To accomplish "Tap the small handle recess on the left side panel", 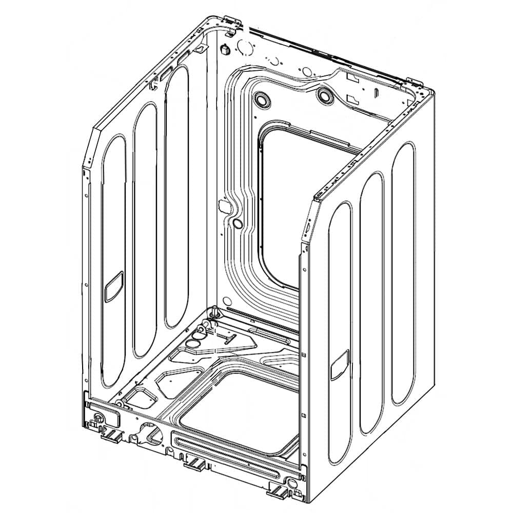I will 112,291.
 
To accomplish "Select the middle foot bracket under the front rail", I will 194,464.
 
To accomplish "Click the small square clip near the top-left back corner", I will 224,49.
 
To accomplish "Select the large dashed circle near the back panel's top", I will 245,47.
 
